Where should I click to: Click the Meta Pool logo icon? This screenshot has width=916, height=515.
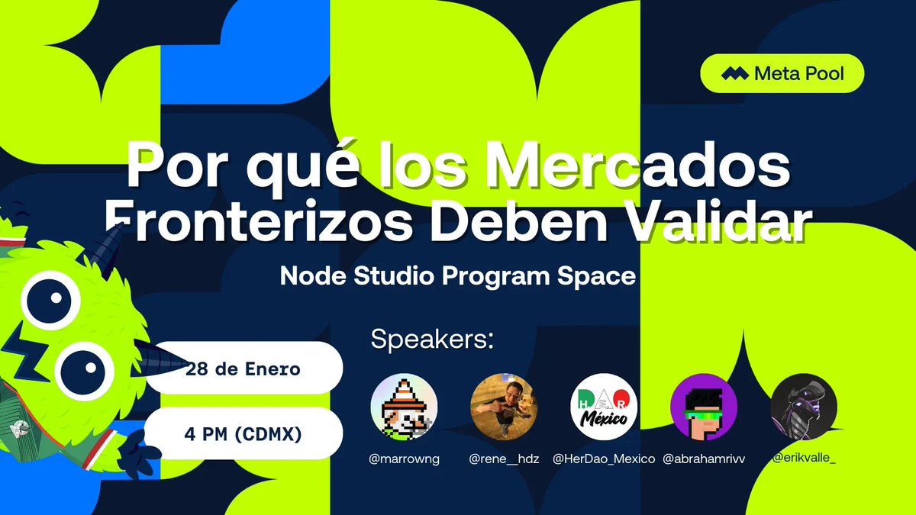click(735, 73)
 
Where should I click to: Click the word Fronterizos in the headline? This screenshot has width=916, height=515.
click(259, 221)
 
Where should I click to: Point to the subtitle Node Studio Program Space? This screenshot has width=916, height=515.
click(457, 276)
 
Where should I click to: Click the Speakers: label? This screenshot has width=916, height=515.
click(432, 340)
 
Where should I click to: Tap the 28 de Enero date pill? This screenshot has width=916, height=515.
click(244, 368)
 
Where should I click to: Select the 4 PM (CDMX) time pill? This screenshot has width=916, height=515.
click(243, 433)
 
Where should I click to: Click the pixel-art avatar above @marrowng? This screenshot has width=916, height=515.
click(404, 407)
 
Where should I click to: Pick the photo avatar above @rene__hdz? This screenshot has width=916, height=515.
click(504, 407)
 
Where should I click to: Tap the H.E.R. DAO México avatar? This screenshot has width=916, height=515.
click(604, 407)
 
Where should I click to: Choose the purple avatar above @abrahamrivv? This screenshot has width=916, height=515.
click(704, 407)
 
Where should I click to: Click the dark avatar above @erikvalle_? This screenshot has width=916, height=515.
click(804, 407)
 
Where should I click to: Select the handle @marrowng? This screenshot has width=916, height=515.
click(404, 459)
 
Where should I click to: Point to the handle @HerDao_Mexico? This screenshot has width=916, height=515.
click(604, 459)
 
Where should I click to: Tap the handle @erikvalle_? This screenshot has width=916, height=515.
click(804, 458)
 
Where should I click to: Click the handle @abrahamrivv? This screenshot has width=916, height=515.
click(704, 459)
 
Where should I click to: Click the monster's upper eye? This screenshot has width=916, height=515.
click(50, 300)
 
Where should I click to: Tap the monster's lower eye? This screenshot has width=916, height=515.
click(84, 371)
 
